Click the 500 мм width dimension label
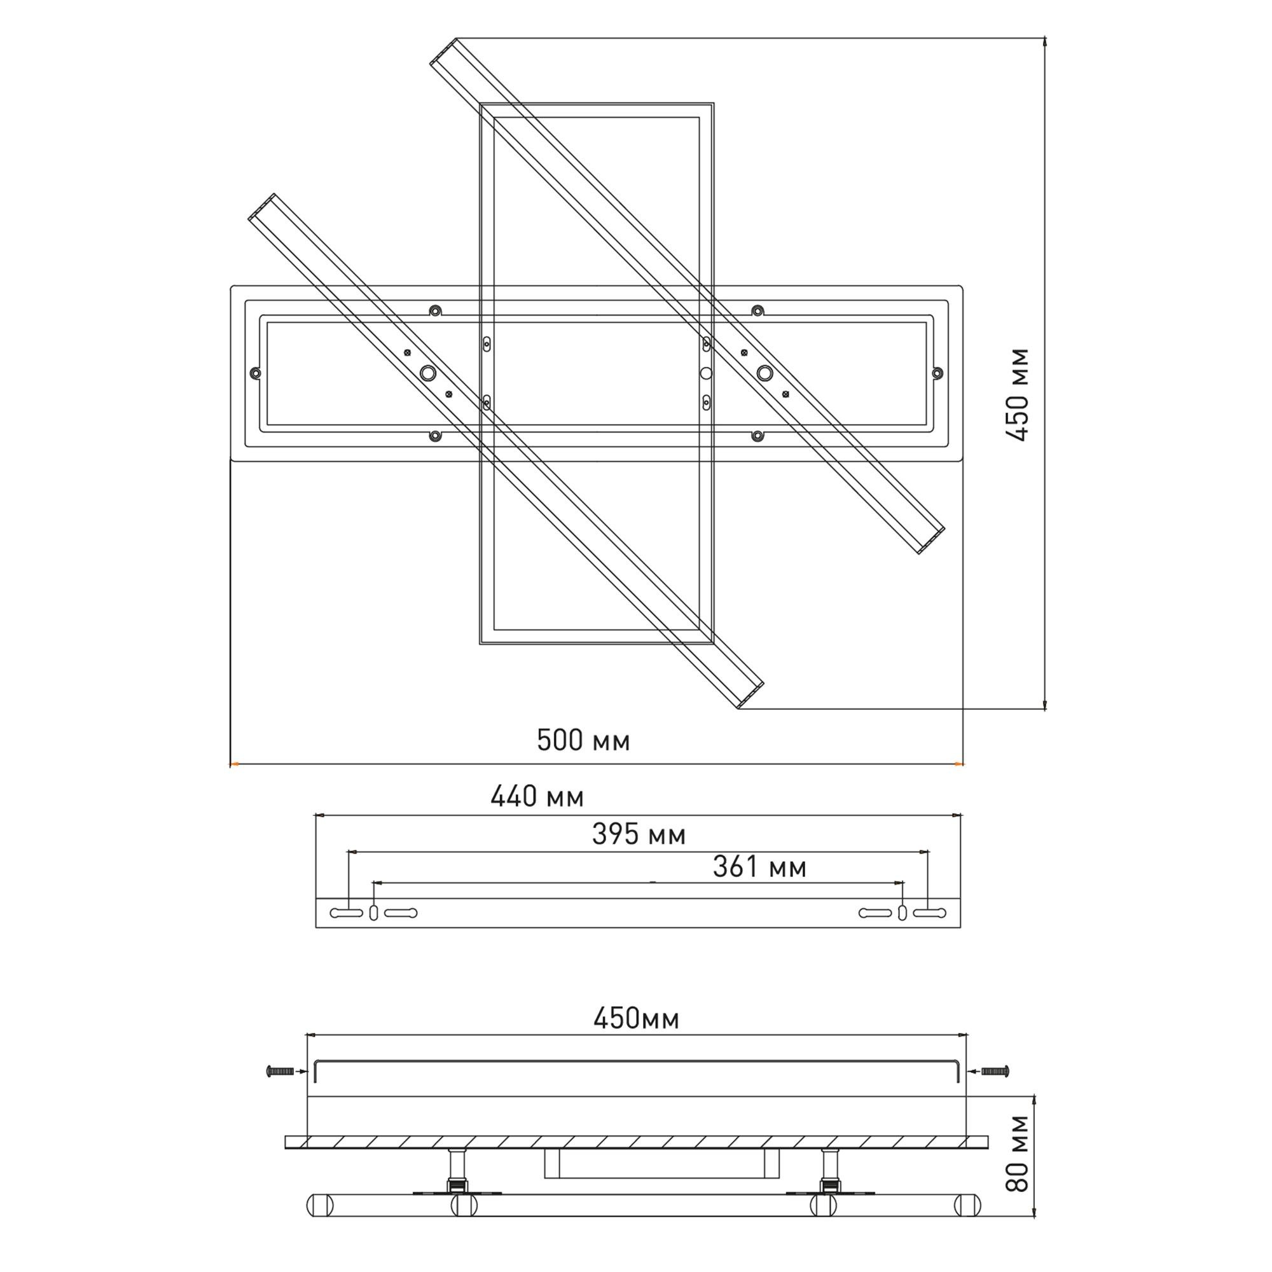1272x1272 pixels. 583,741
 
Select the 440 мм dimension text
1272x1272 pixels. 537,798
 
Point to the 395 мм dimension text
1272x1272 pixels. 639,835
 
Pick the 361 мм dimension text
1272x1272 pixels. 760,868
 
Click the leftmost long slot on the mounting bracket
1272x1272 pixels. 345,913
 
